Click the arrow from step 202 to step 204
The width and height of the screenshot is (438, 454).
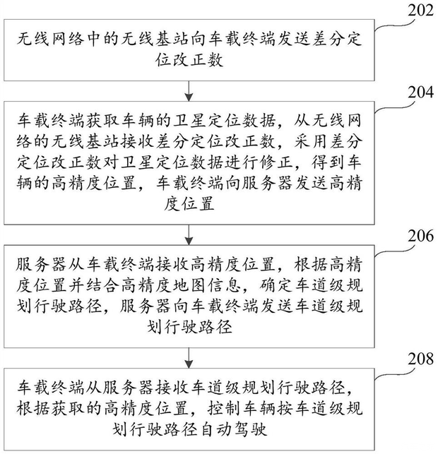pyautogui.click(x=189, y=90)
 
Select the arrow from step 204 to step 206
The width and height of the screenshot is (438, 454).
pyautogui.click(x=189, y=234)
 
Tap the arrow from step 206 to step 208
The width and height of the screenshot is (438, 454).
pyautogui.click(x=189, y=357)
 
